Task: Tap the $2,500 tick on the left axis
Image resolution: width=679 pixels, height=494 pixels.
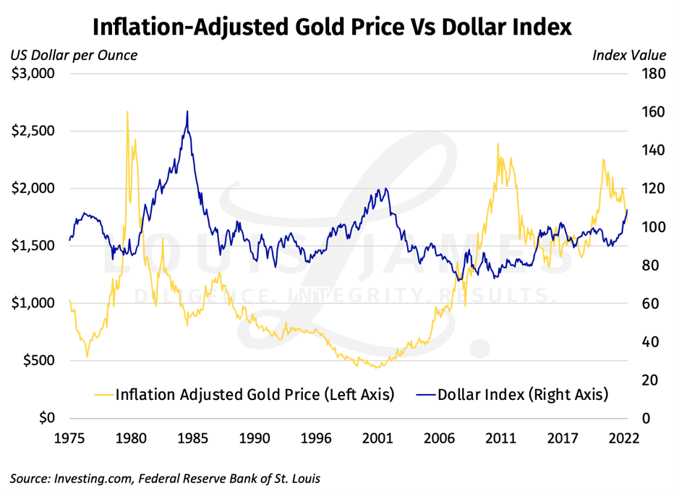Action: point(34,131)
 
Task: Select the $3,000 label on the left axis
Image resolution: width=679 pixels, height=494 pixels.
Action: point(34,74)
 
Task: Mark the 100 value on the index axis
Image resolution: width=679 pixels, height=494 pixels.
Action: point(644,227)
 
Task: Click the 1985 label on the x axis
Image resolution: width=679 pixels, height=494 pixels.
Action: point(192,438)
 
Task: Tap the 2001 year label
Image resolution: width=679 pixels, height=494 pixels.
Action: point(377,438)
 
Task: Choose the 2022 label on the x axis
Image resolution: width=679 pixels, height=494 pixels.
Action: point(623,438)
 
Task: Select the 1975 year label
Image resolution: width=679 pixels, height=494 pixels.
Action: point(69,438)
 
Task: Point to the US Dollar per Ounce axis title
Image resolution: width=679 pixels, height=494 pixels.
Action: point(73,54)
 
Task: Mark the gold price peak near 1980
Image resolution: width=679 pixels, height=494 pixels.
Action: point(127,112)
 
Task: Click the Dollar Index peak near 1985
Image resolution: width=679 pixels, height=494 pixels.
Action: point(187,111)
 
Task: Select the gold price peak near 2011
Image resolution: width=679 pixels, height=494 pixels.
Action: point(497,144)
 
